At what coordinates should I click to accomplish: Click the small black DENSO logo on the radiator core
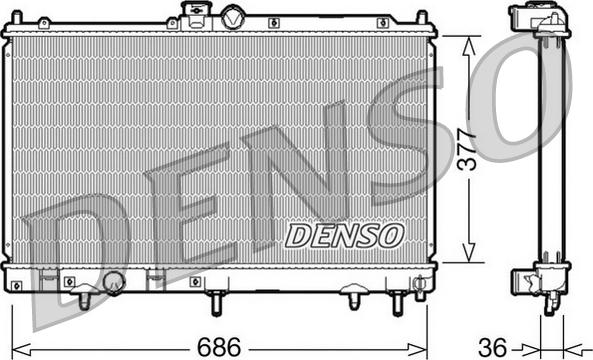click(343, 235)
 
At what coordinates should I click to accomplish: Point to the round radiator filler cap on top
click(232, 16)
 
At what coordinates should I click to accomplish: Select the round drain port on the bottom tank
click(114, 283)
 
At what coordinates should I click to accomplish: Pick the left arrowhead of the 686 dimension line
click(27, 347)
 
